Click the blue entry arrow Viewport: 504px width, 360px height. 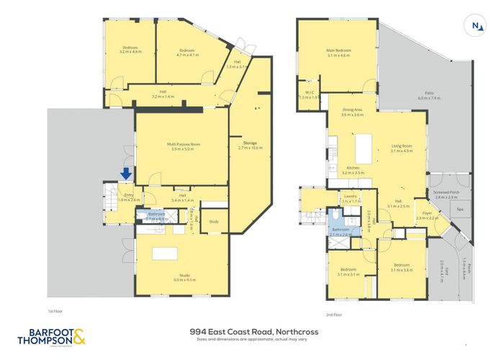pos(126,174)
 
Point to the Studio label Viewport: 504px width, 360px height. pos(165,279)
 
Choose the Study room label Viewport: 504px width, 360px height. pos(213,222)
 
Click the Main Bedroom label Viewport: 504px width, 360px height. pos(338,52)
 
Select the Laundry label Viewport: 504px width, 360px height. pos(351,199)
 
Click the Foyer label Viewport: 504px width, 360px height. pos(426,215)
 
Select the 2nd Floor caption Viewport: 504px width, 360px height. pos(333,314)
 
